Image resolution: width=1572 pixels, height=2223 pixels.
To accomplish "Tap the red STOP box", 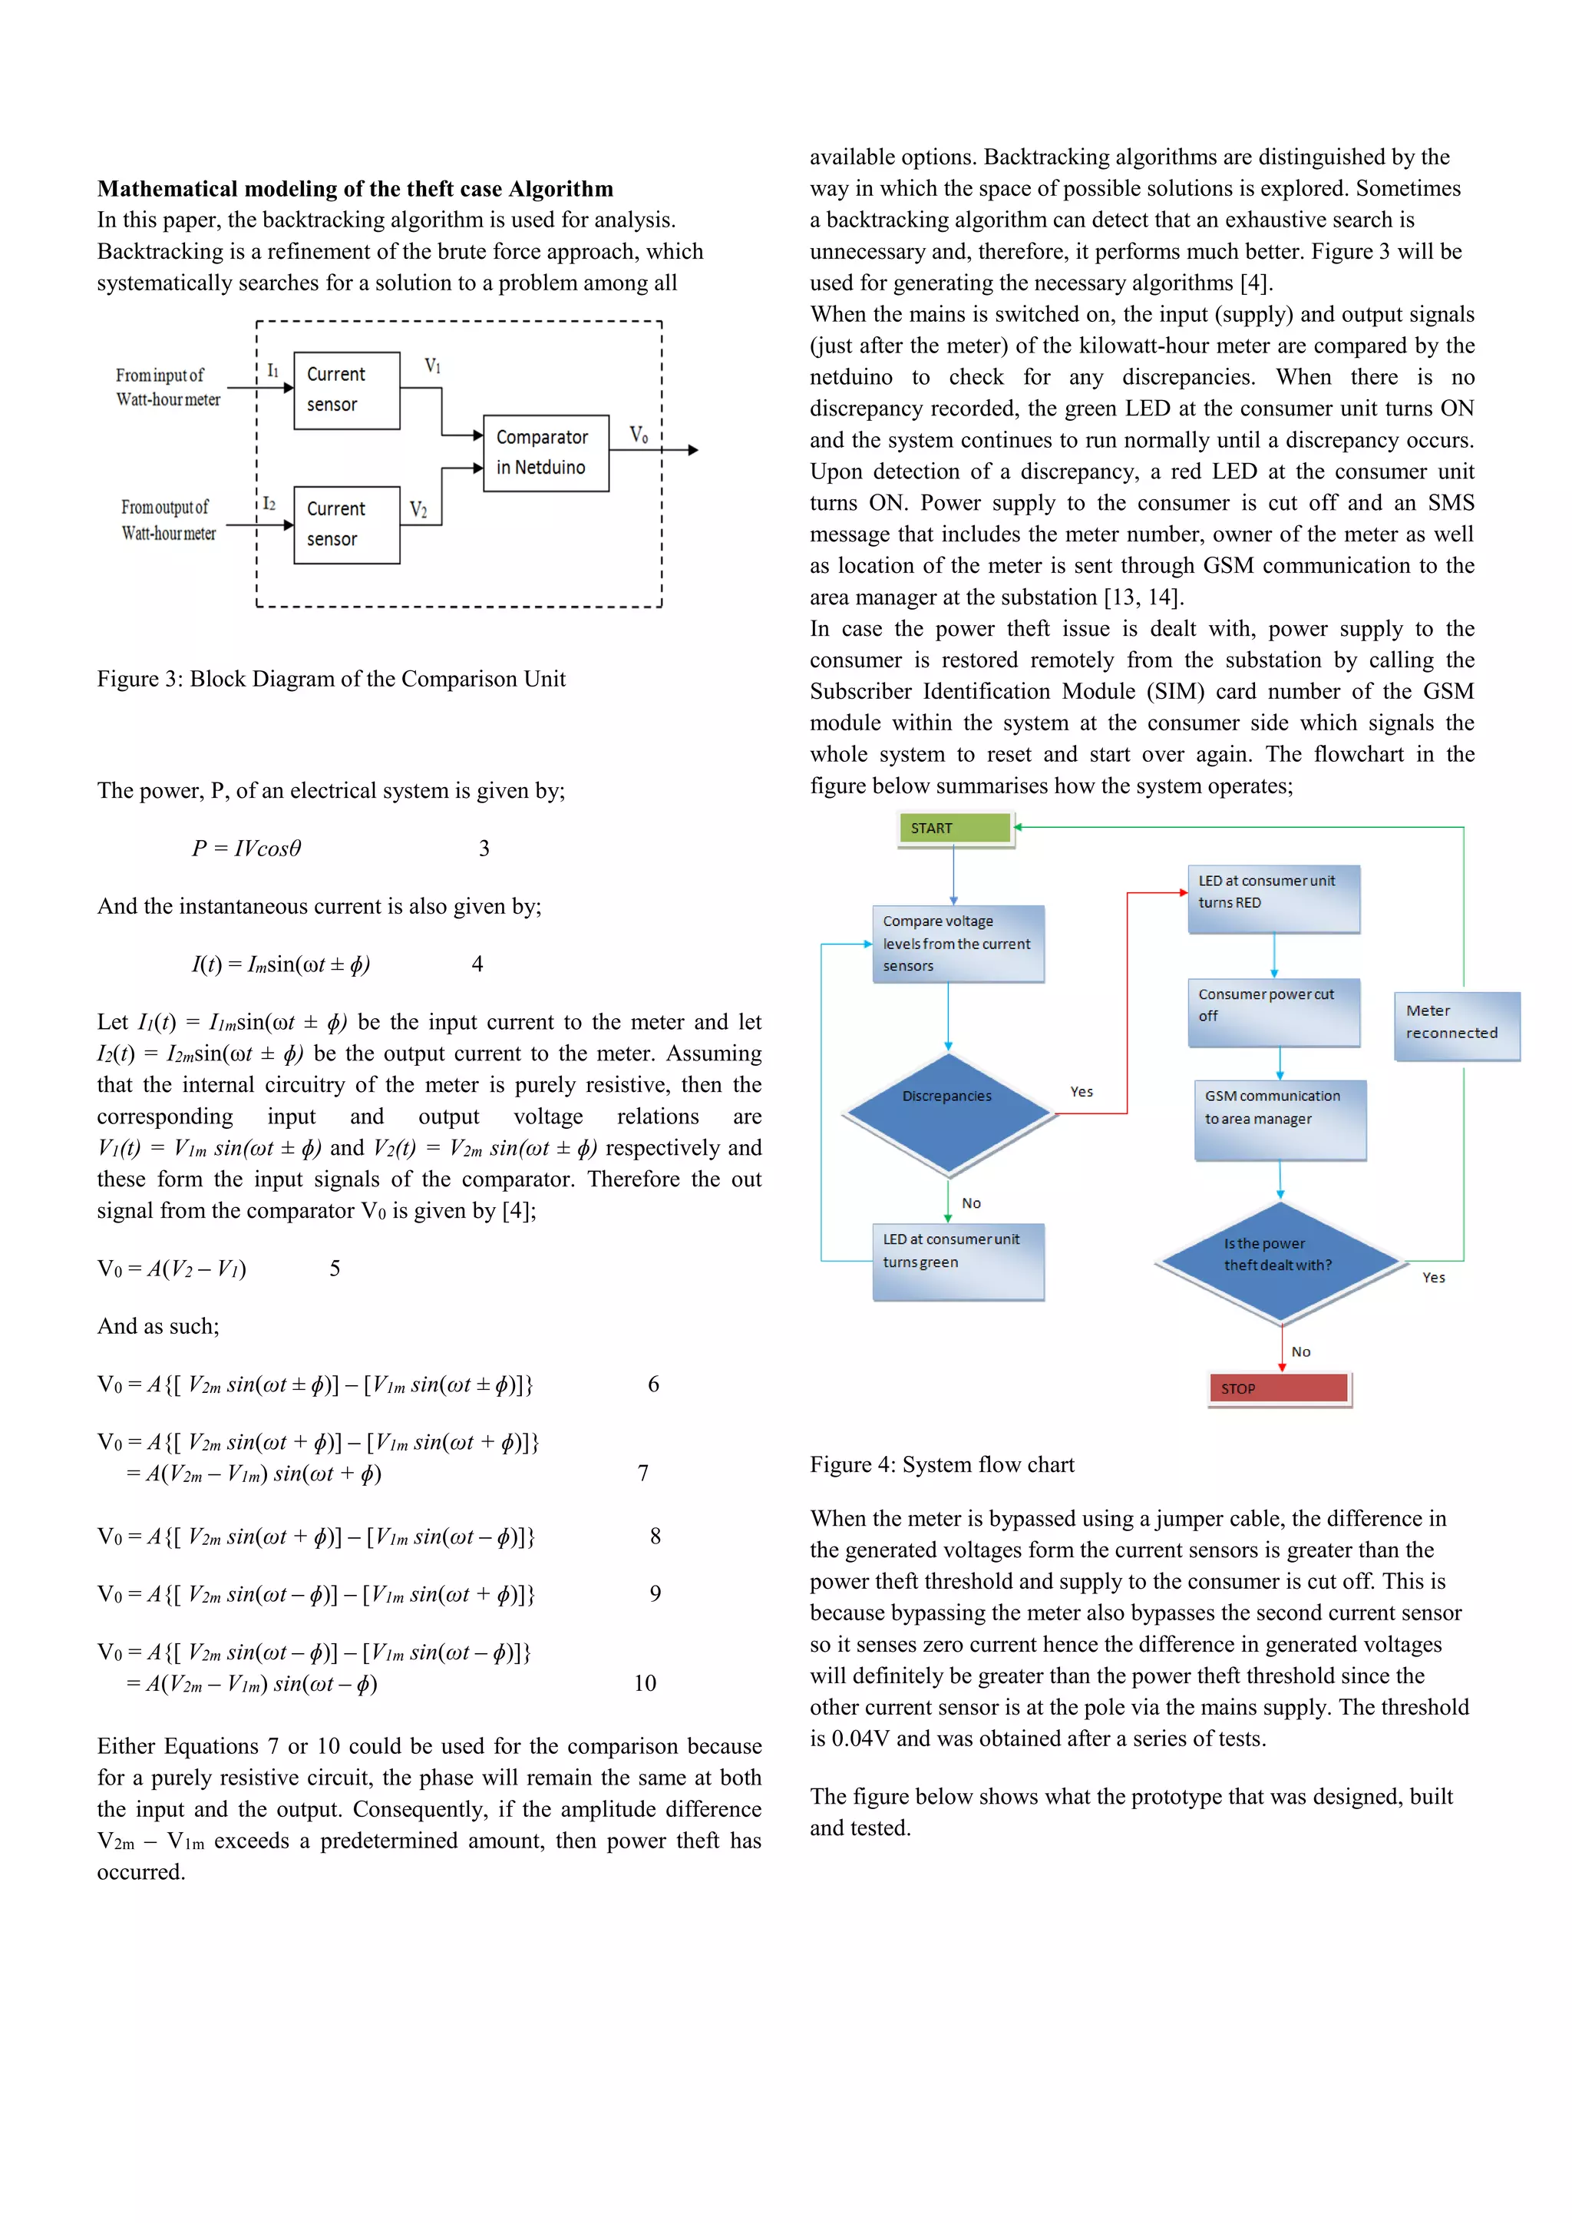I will tap(1278, 1388).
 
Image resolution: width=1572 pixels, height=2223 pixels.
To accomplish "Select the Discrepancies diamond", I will tap(948, 1113).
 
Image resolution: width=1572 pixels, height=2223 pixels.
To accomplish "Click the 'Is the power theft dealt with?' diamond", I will tap(1280, 1261).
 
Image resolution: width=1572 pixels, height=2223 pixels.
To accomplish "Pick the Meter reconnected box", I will tap(1456, 1024).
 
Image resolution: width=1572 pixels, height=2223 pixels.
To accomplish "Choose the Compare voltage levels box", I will tap(957, 943).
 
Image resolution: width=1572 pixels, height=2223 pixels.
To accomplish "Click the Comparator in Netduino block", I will tap(546, 452).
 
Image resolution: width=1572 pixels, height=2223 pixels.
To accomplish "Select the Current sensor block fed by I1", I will tap(346, 389).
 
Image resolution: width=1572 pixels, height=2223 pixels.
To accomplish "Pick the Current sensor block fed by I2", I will tap(346, 524).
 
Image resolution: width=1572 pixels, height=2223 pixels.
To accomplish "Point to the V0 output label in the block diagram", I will tap(639, 435).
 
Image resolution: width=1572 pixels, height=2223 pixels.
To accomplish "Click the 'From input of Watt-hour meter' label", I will tap(167, 387).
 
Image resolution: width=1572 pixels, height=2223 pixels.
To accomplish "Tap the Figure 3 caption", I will tap(331, 679).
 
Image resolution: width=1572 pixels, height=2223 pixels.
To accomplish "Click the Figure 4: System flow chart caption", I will tap(942, 1464).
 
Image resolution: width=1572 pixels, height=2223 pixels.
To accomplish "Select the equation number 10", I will tap(645, 1682).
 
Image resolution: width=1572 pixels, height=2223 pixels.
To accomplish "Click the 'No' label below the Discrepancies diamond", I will tap(971, 1202).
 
